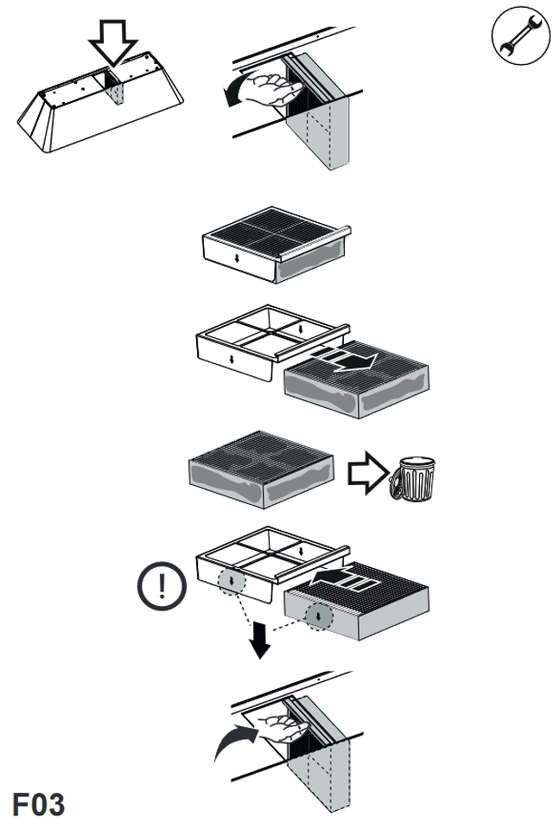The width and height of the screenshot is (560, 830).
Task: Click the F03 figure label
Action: (38, 803)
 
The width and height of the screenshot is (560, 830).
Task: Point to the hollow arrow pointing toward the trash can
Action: (365, 472)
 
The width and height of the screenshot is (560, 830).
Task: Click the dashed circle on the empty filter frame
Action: (232, 581)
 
